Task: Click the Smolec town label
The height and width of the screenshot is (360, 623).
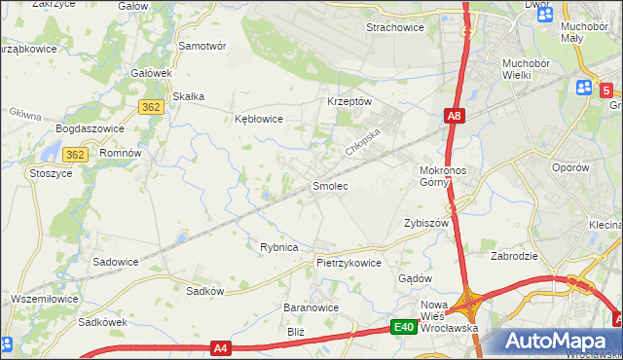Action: pyautogui.click(x=329, y=185)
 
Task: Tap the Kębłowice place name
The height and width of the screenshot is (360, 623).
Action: pyautogui.click(x=259, y=119)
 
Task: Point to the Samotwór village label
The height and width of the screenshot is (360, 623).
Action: pyautogui.click(x=202, y=46)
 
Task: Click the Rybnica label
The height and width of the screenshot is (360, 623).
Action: pyautogui.click(x=278, y=247)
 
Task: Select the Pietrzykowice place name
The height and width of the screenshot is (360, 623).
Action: pyautogui.click(x=348, y=263)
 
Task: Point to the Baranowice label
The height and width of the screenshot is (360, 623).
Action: pyautogui.click(x=311, y=307)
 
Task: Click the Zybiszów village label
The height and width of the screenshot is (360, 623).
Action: pyautogui.click(x=425, y=223)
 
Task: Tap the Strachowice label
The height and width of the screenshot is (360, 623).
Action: pyautogui.click(x=394, y=27)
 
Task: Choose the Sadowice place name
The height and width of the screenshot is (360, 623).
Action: pyautogui.click(x=115, y=262)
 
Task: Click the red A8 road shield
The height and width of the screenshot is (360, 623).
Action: pyautogui.click(x=455, y=116)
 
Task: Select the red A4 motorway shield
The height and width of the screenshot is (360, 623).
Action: pyautogui.click(x=222, y=346)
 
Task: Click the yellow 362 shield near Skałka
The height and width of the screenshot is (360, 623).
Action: pyautogui.click(x=150, y=107)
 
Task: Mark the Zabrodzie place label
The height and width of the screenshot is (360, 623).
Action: pyautogui.click(x=516, y=257)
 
